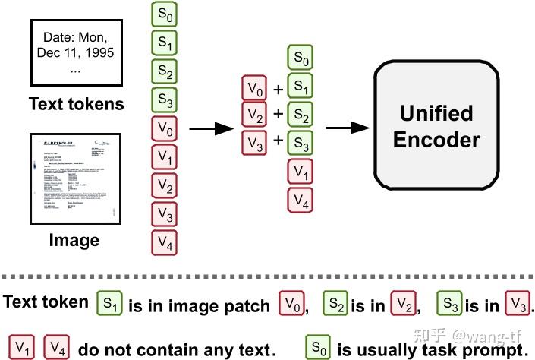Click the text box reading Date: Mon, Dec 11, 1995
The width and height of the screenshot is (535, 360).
click(75, 51)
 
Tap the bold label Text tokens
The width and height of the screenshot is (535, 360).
click(75, 104)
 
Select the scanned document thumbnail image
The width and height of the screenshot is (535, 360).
click(75, 179)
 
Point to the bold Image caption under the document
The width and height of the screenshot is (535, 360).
click(74, 241)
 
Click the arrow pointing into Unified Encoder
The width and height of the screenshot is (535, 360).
click(350, 128)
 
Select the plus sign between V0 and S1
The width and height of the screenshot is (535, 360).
click(278, 90)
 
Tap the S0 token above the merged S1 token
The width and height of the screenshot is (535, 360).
click(301, 58)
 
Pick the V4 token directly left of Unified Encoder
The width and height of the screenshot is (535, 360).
click(301, 201)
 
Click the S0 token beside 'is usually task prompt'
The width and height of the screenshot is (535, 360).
click(318, 347)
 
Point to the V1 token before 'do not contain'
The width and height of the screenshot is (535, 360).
click(23, 348)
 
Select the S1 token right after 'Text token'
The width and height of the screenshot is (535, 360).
click(109, 304)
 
